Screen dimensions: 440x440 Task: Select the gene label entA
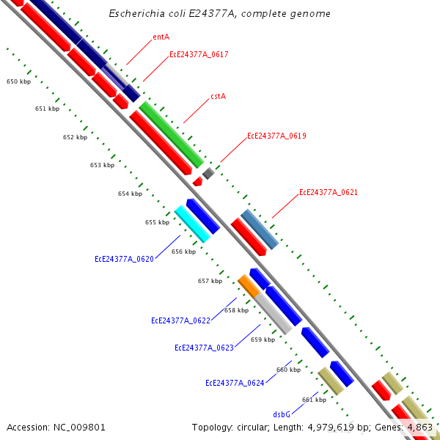click(x=161, y=37)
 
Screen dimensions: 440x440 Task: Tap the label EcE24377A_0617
click(x=199, y=54)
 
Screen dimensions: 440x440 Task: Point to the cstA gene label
click(x=218, y=96)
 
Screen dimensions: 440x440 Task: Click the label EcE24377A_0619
click(x=276, y=136)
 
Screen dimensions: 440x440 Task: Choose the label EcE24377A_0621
click(x=328, y=193)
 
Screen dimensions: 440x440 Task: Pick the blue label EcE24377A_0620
click(x=124, y=259)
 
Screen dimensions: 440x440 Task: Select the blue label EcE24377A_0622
click(x=180, y=320)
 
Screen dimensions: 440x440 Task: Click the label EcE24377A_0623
click(x=204, y=348)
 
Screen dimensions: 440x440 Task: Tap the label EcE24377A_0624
click(x=235, y=383)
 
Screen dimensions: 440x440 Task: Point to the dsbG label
click(x=282, y=414)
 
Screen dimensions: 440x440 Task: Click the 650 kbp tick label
click(x=18, y=82)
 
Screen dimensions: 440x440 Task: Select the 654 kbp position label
click(x=130, y=194)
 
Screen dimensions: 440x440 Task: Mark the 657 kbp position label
click(x=210, y=281)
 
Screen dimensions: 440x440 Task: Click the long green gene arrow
click(x=171, y=134)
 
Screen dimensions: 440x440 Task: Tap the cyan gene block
click(x=193, y=224)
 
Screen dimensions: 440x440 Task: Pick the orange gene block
click(x=249, y=286)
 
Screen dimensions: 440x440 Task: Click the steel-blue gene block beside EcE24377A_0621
click(x=260, y=230)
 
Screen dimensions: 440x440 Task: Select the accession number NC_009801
click(x=56, y=427)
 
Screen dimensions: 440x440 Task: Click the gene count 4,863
click(x=419, y=427)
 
